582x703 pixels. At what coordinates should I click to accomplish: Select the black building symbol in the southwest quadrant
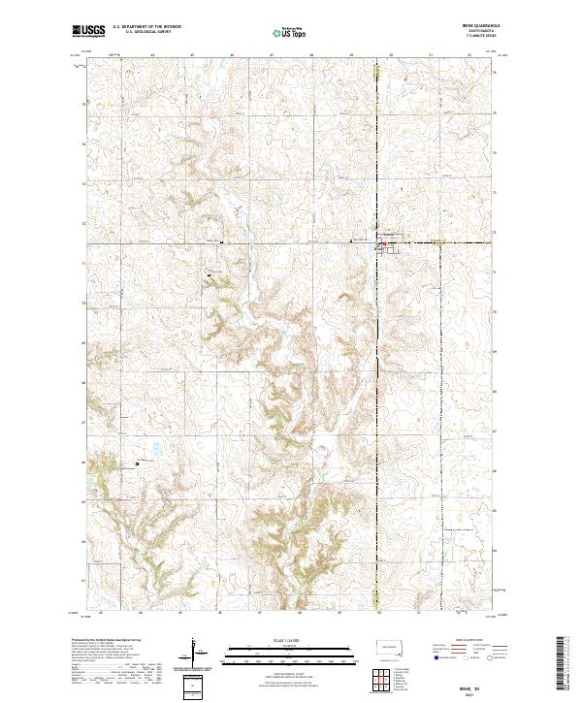coord(137,463)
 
